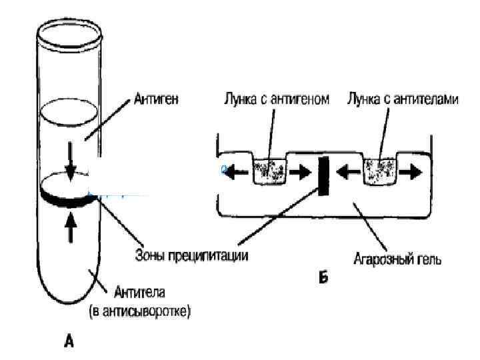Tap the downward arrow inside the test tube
point(71,161)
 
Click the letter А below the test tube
point(69,341)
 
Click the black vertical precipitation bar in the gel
point(325,177)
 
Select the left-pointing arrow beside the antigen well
point(235,173)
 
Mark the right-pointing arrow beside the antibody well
point(412,172)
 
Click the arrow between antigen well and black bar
point(300,173)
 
